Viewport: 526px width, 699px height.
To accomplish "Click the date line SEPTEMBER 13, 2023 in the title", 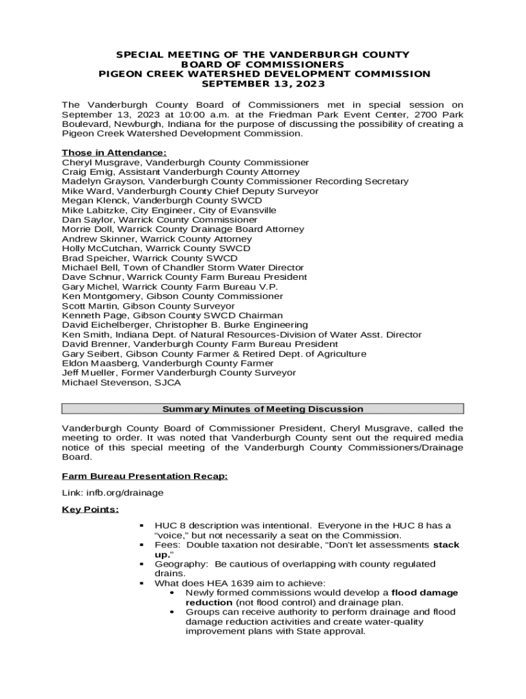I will click(x=262, y=84).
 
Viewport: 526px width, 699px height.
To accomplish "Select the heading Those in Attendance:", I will click(x=114, y=152).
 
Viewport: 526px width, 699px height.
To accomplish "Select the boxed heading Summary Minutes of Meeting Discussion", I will click(x=262, y=409).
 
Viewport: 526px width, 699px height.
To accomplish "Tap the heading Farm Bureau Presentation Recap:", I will click(x=145, y=475).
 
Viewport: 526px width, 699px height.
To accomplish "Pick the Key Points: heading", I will click(x=90, y=509).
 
